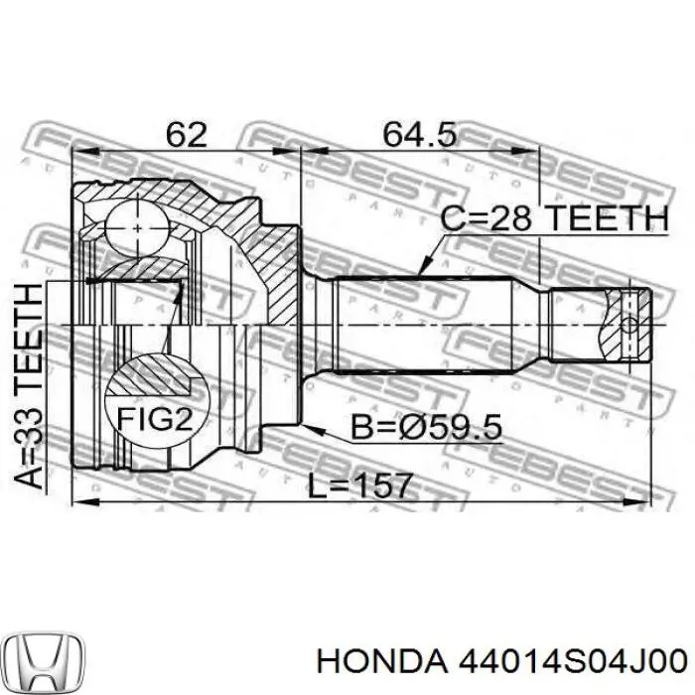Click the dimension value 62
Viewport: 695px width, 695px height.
coord(187,134)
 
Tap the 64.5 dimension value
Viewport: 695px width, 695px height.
coord(419,134)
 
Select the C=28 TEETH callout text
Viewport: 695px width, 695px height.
coord(554,217)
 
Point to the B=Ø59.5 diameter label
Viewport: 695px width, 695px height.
coord(426,426)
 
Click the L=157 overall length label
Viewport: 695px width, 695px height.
coord(360,485)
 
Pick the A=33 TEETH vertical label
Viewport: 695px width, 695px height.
coord(29,385)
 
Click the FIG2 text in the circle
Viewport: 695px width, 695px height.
coord(155,418)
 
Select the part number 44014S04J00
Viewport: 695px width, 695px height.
coord(573,662)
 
